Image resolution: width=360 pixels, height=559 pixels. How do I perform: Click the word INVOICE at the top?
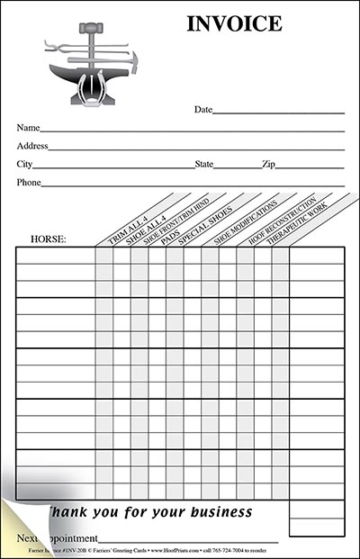[x=234, y=24]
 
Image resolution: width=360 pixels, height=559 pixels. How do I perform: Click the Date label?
[x=203, y=109]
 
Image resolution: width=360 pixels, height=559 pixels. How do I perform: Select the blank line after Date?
[x=279, y=112]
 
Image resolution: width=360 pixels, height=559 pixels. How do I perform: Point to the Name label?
[x=28, y=128]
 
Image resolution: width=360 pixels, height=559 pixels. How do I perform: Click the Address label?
[x=32, y=146]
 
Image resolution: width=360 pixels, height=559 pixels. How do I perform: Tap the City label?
[x=24, y=165]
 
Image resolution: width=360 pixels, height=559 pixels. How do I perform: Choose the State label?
[x=204, y=165]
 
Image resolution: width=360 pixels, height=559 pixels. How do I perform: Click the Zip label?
[x=268, y=165]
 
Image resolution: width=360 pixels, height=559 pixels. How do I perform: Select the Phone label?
[x=29, y=183]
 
